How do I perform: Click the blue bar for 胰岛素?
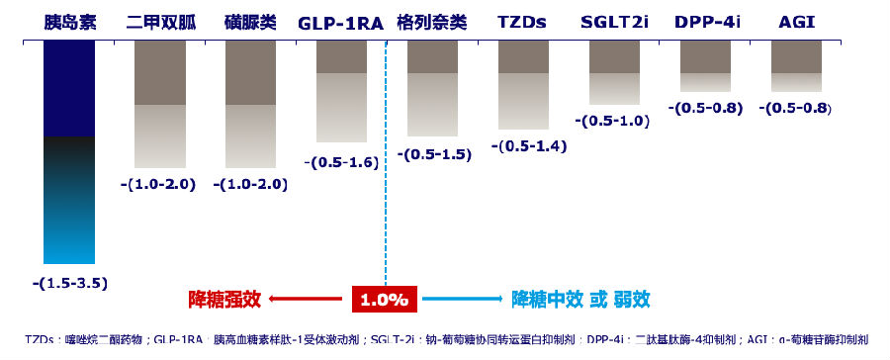[x=69, y=152]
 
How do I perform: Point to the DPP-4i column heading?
[x=707, y=21]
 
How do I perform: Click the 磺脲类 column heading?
[x=249, y=21]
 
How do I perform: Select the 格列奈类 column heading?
[x=431, y=21]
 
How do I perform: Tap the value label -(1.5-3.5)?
[x=69, y=283]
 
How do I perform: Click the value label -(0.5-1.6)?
[x=341, y=162]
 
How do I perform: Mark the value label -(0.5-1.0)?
[x=612, y=122]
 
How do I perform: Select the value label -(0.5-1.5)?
[x=433, y=154]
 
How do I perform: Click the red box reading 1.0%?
[x=386, y=298]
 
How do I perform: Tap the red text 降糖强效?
[x=225, y=298]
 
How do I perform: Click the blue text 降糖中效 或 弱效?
[x=580, y=298]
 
